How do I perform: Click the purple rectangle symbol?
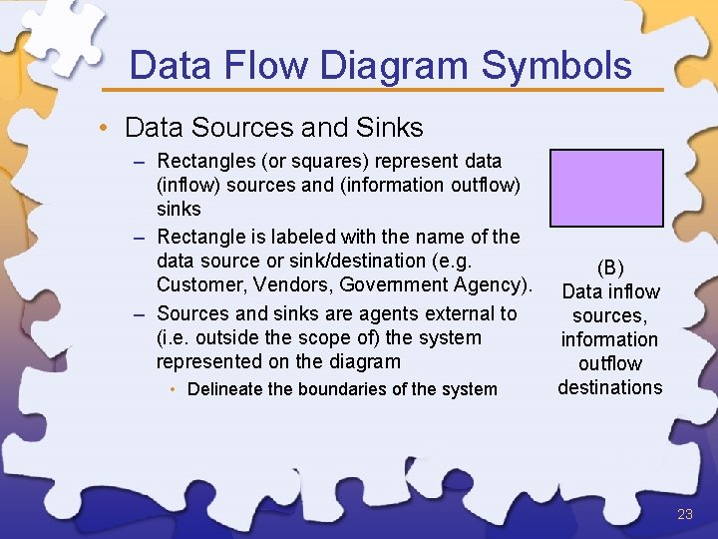point(606,188)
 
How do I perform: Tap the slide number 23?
point(684,515)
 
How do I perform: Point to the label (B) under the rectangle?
point(610,268)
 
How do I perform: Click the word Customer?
point(195,285)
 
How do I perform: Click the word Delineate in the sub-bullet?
point(222,389)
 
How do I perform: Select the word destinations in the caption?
point(610,387)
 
